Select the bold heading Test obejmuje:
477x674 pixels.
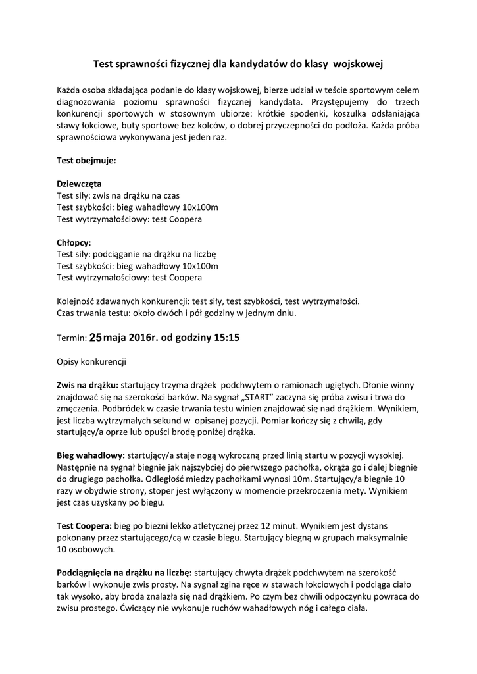pos(87,159)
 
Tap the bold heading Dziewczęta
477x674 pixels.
pos(79,184)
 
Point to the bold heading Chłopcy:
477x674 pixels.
pos(74,242)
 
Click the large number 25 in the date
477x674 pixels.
pos(96,337)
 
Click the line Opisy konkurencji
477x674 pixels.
pos(91,361)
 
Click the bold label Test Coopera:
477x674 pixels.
pos(85,526)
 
